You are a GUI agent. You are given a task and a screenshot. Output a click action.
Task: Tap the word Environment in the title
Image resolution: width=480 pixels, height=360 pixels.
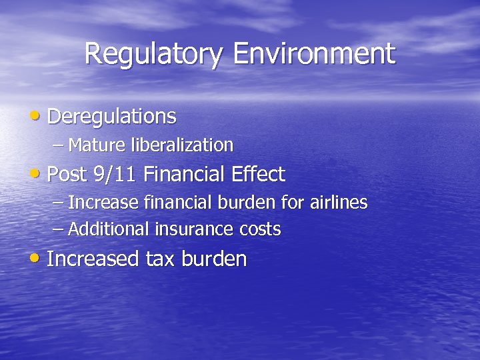click(314, 53)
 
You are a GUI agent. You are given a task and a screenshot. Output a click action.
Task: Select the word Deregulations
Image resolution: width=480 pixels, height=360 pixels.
click(112, 117)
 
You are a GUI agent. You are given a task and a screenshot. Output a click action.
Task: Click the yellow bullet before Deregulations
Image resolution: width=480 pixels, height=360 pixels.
click(36, 116)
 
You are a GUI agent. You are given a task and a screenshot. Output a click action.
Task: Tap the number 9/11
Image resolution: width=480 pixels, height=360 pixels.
click(115, 175)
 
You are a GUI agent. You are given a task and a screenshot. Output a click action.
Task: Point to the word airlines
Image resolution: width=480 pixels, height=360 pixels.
click(340, 202)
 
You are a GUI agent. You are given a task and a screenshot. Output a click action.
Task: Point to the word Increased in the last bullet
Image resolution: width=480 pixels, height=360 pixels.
click(93, 259)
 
